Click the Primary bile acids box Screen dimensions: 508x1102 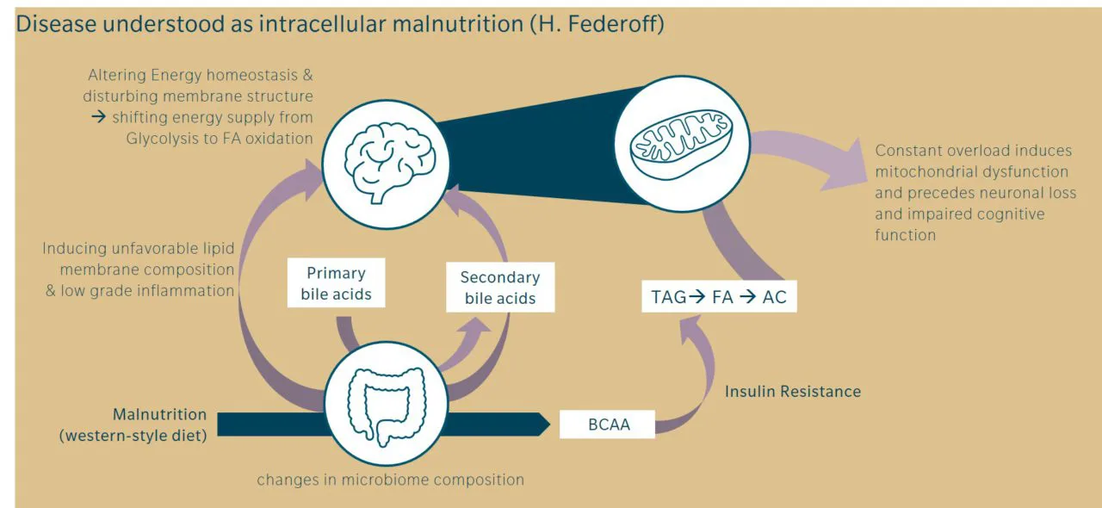[x=336, y=283]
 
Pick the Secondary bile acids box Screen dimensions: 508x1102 [x=499, y=288]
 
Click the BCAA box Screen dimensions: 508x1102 [x=608, y=424]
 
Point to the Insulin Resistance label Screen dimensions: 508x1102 [x=792, y=392]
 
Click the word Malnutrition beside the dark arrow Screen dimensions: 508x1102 [x=159, y=414]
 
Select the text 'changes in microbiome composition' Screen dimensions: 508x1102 [x=390, y=480]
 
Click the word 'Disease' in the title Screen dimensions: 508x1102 [x=56, y=23]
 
